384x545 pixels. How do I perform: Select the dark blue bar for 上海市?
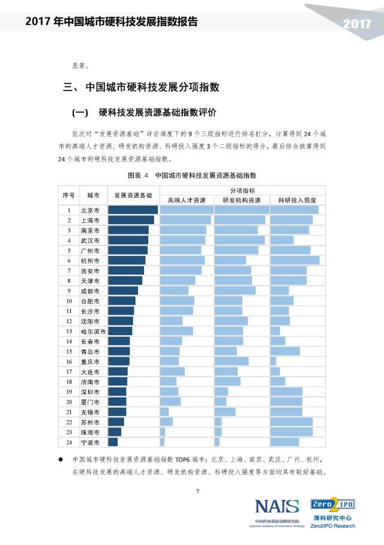point(131,220)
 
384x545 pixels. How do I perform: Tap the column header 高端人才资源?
point(186,200)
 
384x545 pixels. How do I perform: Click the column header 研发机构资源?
point(241,200)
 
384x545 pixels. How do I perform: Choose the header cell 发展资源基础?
point(133,195)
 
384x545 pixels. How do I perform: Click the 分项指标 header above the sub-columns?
point(241,189)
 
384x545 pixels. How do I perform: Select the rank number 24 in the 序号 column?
point(69,442)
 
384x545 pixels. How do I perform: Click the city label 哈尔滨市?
point(94,331)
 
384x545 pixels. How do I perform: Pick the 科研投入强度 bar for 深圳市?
point(286,392)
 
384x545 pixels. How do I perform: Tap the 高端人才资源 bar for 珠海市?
point(163,432)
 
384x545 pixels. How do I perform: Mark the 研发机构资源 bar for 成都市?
point(235,291)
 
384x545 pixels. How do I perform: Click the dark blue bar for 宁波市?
point(113,442)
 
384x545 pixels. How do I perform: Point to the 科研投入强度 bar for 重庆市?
point(273,362)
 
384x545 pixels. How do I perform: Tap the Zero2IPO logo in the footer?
point(332,504)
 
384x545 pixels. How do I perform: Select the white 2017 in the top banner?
point(357,24)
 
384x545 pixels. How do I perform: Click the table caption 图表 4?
point(138,176)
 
